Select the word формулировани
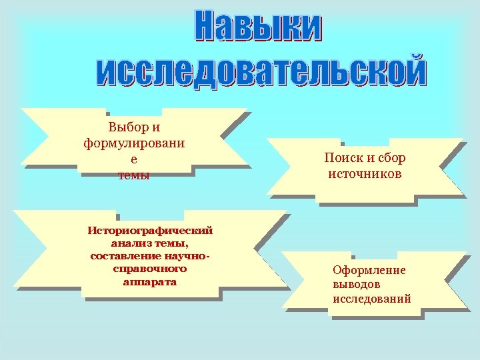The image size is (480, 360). tap(134, 143)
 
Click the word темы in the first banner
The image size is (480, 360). tap(134, 176)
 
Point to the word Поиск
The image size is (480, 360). tap(343, 158)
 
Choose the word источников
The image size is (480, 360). tap(365, 174)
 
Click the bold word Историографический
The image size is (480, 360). tap(150, 231)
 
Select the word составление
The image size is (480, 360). tap(127, 256)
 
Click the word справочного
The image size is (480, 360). tap(150, 269)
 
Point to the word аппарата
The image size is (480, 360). tap(150, 281)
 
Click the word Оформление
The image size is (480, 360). tap(369, 270)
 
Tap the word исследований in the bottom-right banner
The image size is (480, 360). tap(372, 299)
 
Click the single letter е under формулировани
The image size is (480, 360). tap(134, 159)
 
